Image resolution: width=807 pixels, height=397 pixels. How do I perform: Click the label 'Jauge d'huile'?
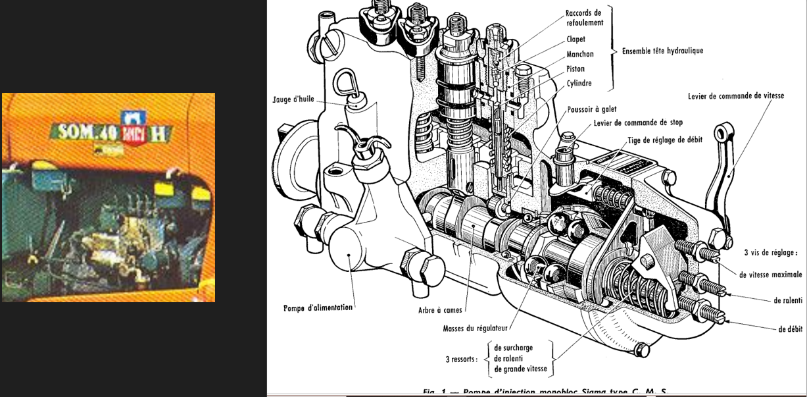click(292, 100)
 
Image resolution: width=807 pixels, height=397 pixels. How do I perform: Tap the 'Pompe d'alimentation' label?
click(319, 307)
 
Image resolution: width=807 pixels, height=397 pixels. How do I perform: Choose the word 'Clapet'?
click(575, 40)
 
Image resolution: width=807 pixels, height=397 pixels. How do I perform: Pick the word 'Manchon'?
click(579, 54)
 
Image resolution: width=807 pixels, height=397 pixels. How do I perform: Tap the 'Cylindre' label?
click(579, 83)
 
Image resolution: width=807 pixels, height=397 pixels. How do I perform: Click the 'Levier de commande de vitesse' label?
click(736, 96)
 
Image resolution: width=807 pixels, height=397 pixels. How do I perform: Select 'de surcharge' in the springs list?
click(513, 348)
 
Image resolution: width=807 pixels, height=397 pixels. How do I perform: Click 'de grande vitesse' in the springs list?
click(520, 369)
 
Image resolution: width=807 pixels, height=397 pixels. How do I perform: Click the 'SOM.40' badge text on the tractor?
click(87, 132)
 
